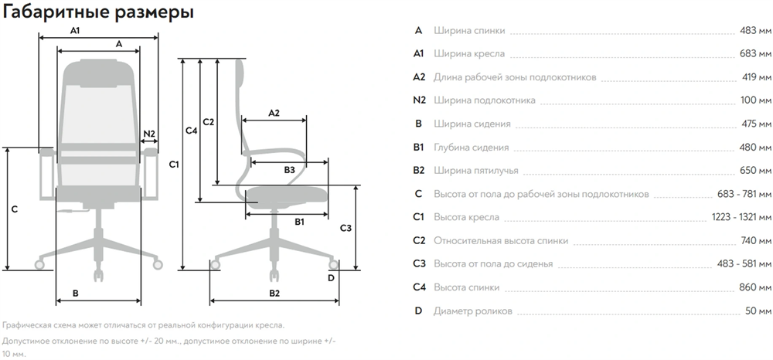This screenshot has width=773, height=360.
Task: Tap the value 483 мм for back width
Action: click(755, 31)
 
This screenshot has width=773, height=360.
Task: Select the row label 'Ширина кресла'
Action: click(470, 54)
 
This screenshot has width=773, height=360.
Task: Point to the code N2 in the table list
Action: click(420, 100)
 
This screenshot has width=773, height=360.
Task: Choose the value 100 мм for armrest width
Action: click(755, 100)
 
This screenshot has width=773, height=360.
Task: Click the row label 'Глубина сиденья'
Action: click(472, 148)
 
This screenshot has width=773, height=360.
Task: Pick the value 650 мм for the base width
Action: click(755, 171)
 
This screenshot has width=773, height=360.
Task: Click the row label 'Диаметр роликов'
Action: click(473, 311)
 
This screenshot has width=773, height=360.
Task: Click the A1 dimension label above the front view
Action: click(75, 31)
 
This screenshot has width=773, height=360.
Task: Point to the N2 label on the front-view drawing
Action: click(150, 134)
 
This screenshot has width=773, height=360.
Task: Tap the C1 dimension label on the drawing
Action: click(174, 165)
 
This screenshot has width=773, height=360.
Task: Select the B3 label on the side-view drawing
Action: click(289, 168)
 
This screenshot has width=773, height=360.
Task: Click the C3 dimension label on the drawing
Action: click(346, 228)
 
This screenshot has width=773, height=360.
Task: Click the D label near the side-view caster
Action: click(332, 277)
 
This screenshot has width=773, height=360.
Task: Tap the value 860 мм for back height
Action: click(755, 287)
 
